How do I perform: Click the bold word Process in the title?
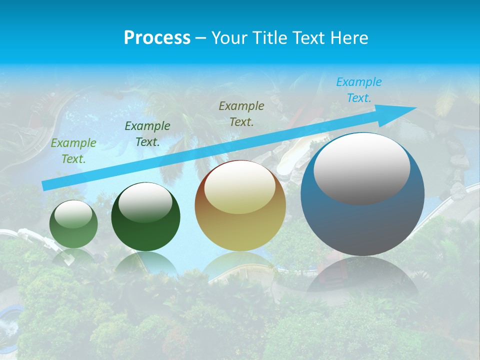click(x=157, y=37)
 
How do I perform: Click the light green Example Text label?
click(x=73, y=151)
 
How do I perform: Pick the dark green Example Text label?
click(x=147, y=134)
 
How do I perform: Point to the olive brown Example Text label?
click(x=241, y=113)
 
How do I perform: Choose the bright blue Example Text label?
click(x=359, y=90)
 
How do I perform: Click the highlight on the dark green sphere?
click(x=145, y=202)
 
